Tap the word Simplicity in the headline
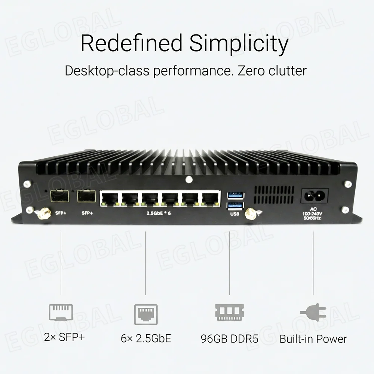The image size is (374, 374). pyautogui.click(x=239, y=44)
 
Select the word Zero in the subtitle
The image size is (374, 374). pyautogui.click(x=251, y=70)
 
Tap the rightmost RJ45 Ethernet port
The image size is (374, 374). pyautogui.click(x=211, y=198)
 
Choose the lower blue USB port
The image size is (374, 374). pyautogui.click(x=235, y=205)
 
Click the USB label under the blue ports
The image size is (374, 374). pyautogui.click(x=235, y=214)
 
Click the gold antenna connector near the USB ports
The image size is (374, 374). pyautogui.click(x=249, y=214)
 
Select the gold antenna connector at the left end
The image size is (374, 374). pyautogui.click(x=45, y=214)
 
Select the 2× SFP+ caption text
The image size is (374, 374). pyautogui.click(x=64, y=337)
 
